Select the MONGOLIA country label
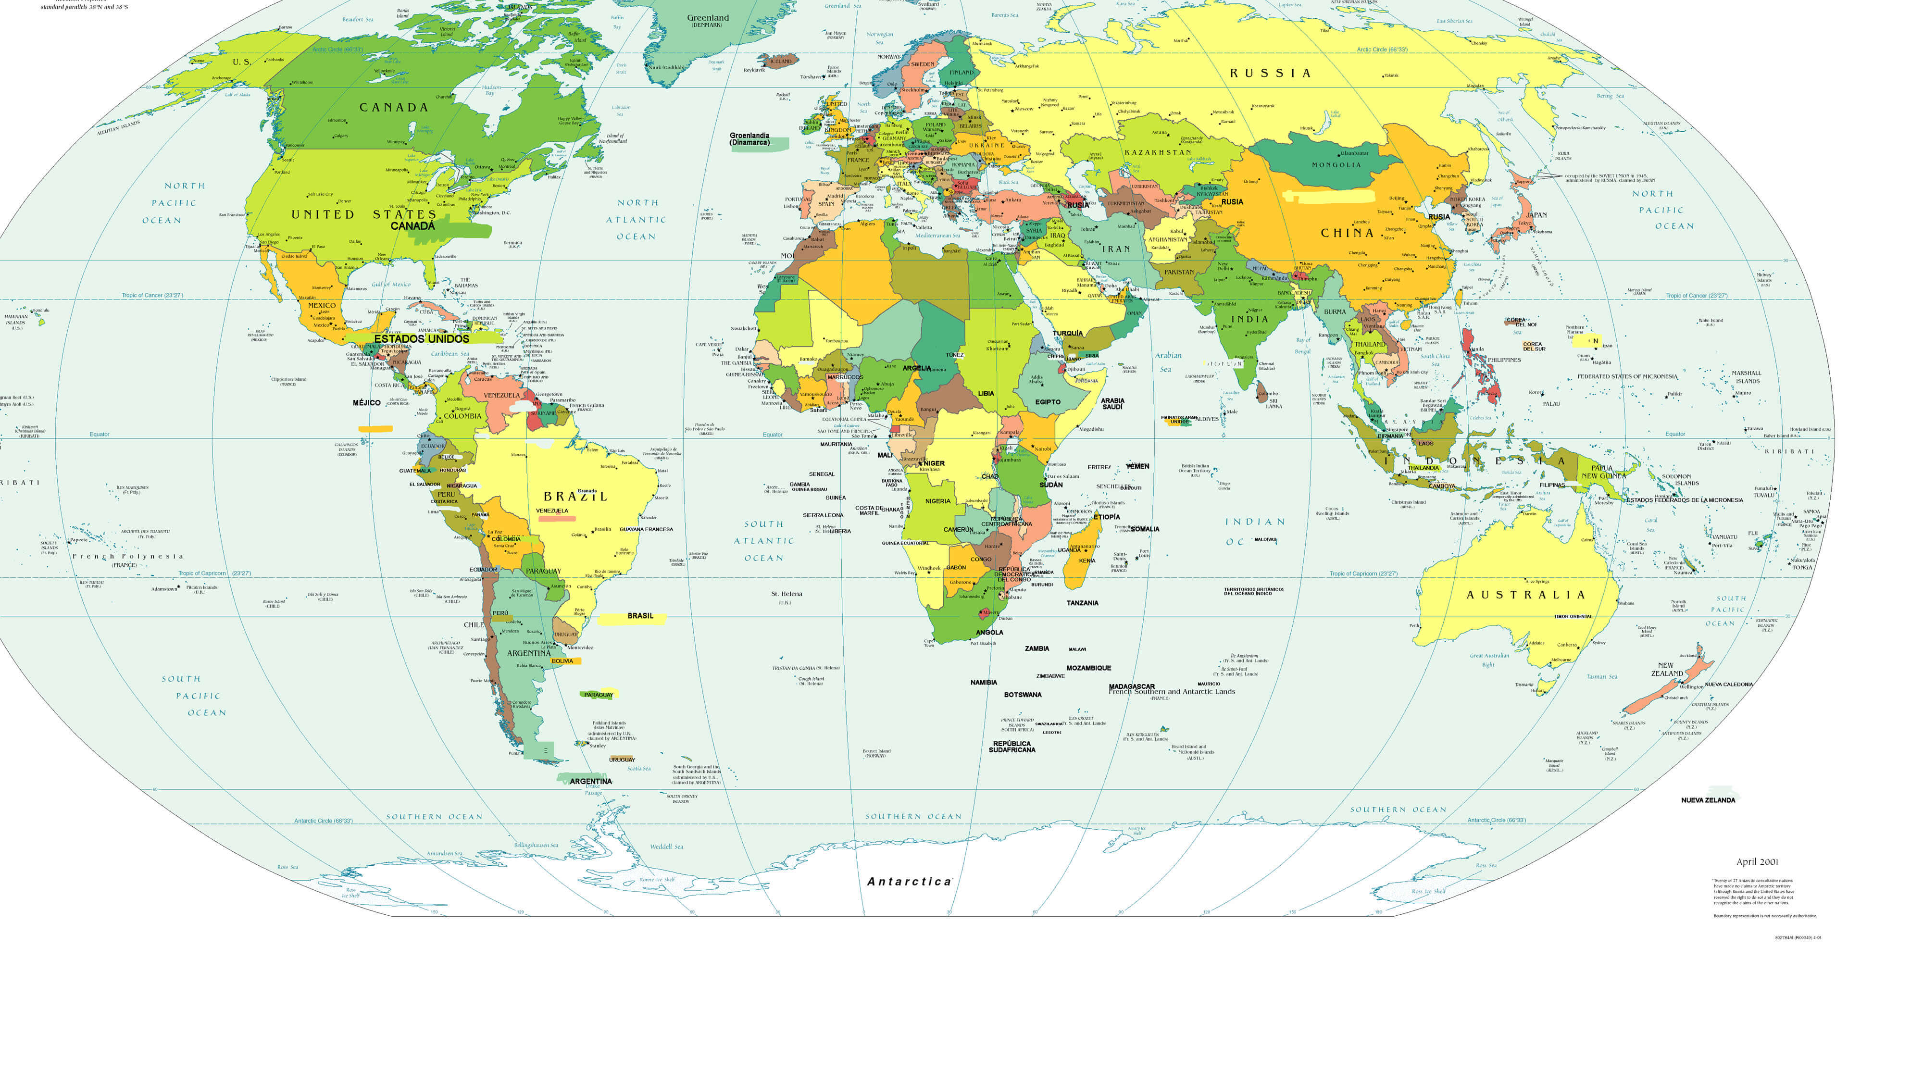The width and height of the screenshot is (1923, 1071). tap(1336, 165)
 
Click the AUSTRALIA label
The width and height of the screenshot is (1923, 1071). tap(1525, 595)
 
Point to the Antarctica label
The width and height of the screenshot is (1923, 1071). tap(909, 882)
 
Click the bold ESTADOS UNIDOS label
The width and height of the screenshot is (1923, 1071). tap(421, 339)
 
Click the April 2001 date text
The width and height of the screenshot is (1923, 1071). tap(1757, 861)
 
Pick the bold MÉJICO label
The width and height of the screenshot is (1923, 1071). tap(366, 403)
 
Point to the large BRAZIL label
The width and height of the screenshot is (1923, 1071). tap(575, 496)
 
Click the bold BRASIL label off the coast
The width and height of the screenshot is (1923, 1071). tap(640, 616)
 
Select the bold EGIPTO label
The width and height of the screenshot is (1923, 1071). tap(1048, 402)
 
